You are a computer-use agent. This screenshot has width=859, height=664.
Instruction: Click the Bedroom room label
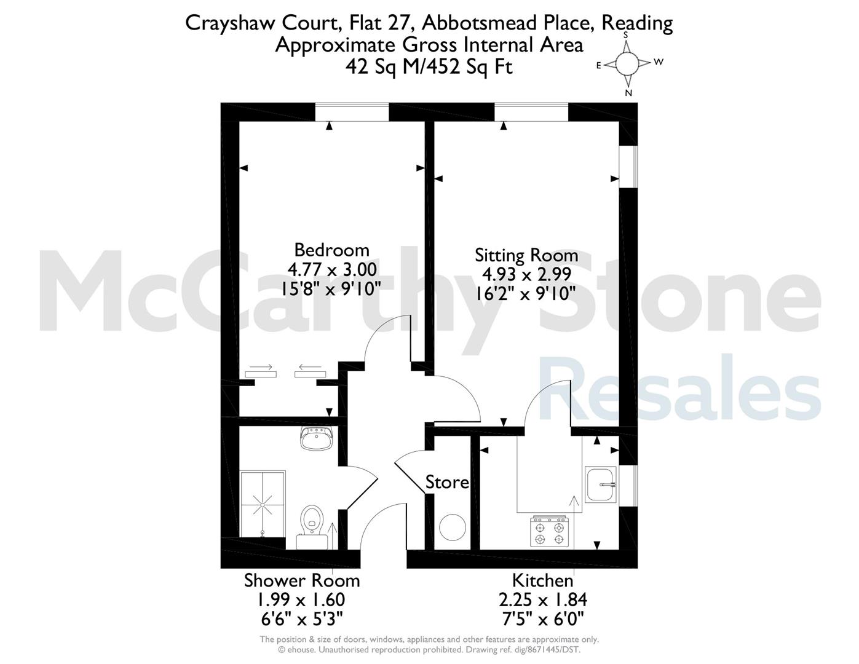point(331,250)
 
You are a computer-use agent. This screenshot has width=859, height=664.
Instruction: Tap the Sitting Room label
point(526,255)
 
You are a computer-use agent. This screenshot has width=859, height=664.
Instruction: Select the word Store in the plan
point(447,482)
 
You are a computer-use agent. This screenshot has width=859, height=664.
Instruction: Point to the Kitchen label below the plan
point(542,580)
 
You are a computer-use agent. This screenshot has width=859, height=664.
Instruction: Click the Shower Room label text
point(302,580)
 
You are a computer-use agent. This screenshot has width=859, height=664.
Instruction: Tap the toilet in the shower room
point(312,526)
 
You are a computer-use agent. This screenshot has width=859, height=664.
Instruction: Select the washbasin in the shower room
point(317,438)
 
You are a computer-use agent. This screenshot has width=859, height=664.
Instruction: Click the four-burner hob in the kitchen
point(550,531)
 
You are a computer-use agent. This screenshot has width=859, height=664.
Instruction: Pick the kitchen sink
point(601,484)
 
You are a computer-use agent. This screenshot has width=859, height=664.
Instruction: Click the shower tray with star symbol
point(263,504)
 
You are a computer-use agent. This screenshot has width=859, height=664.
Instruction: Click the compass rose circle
point(627,64)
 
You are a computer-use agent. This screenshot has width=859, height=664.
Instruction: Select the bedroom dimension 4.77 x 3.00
point(331,270)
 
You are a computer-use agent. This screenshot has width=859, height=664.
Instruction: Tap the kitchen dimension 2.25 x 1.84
point(543,600)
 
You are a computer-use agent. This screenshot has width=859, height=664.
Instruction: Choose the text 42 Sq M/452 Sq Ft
point(429,67)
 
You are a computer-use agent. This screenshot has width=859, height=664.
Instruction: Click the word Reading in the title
point(637,24)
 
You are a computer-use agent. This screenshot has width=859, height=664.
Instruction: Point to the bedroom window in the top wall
point(352,113)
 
